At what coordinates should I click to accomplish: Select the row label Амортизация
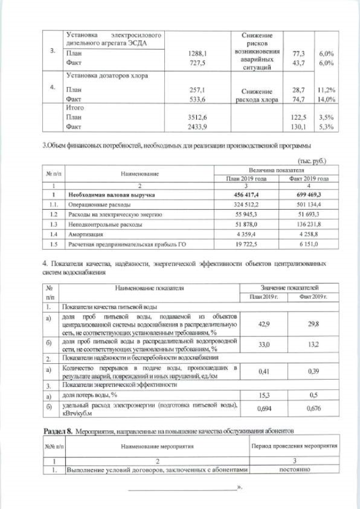[83, 233]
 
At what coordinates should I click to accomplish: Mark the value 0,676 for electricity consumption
[313, 409]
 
